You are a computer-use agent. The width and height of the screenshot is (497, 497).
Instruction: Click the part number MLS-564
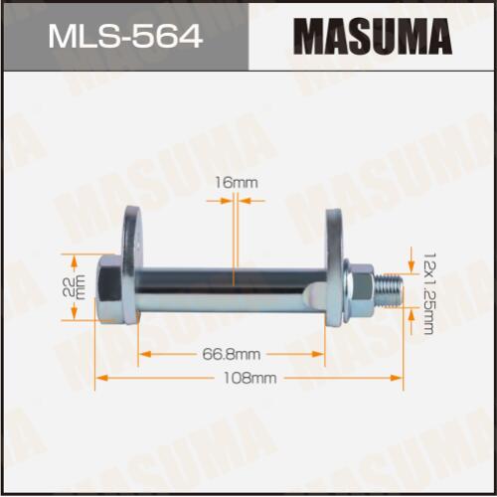coord(125,37)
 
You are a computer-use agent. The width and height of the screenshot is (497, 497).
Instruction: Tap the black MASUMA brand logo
coord(372,37)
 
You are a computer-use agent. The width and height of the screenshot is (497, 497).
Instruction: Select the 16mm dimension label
coord(237,183)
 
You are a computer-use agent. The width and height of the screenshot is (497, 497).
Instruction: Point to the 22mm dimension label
coord(79,287)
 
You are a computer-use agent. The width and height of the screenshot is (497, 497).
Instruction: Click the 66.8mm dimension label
coord(232,355)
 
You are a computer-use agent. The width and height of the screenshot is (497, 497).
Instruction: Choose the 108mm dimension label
coord(249,378)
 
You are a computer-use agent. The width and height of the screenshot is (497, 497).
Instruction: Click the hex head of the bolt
coord(109,288)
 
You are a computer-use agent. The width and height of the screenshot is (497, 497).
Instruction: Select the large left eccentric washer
coord(132,264)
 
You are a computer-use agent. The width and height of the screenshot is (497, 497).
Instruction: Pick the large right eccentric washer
coord(335,267)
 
